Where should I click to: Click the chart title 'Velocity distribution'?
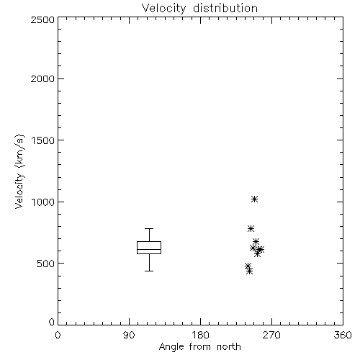coord(199,9)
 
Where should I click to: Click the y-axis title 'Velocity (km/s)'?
coord(19,171)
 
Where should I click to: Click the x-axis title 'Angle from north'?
coord(199,347)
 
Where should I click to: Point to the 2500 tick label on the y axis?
coord(42,19)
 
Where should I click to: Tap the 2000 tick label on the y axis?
coord(42,78)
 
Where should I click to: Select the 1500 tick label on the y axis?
coord(43,140)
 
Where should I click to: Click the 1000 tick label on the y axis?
coord(43,202)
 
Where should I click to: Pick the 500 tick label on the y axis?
coord(46,264)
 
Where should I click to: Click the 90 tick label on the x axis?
coord(129,335)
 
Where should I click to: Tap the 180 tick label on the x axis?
coord(200,335)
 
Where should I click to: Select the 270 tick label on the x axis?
coord(271,335)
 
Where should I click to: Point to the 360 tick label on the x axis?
coord(343,335)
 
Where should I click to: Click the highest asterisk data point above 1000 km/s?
coord(254,199)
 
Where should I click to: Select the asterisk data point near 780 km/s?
coord(251,228)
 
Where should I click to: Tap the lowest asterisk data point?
coord(250,271)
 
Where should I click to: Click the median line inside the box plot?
coord(149,249)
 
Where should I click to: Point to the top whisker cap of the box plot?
coord(149,228)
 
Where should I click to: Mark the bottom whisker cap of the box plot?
coord(149,271)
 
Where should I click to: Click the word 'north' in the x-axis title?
coord(229,347)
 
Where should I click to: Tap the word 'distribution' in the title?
coord(225,9)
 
